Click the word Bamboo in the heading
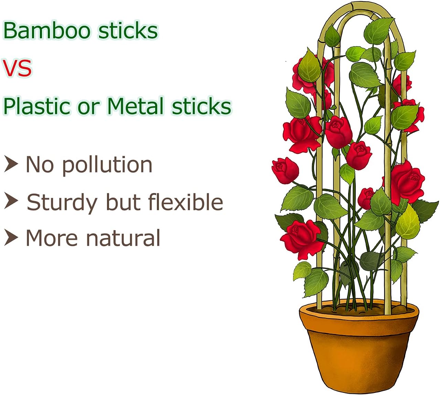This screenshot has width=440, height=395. (46, 31)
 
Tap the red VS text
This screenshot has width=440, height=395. (17, 68)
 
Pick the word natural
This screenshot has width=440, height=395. (123, 238)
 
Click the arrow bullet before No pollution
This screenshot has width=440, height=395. (11, 164)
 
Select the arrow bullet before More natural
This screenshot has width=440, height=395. (11, 237)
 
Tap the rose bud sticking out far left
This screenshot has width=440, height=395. (285, 170)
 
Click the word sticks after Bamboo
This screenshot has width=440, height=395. (128, 31)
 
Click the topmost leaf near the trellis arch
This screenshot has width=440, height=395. (378, 30)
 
